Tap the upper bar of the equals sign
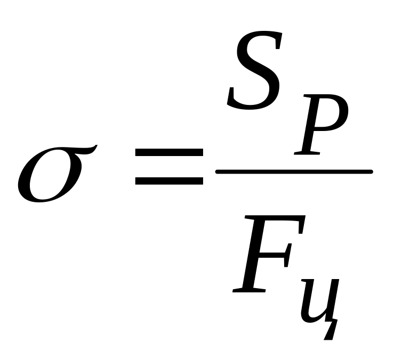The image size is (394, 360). (x=169, y=153)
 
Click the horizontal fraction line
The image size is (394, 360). (x=293, y=171)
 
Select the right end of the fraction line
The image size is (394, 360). (x=370, y=171)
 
